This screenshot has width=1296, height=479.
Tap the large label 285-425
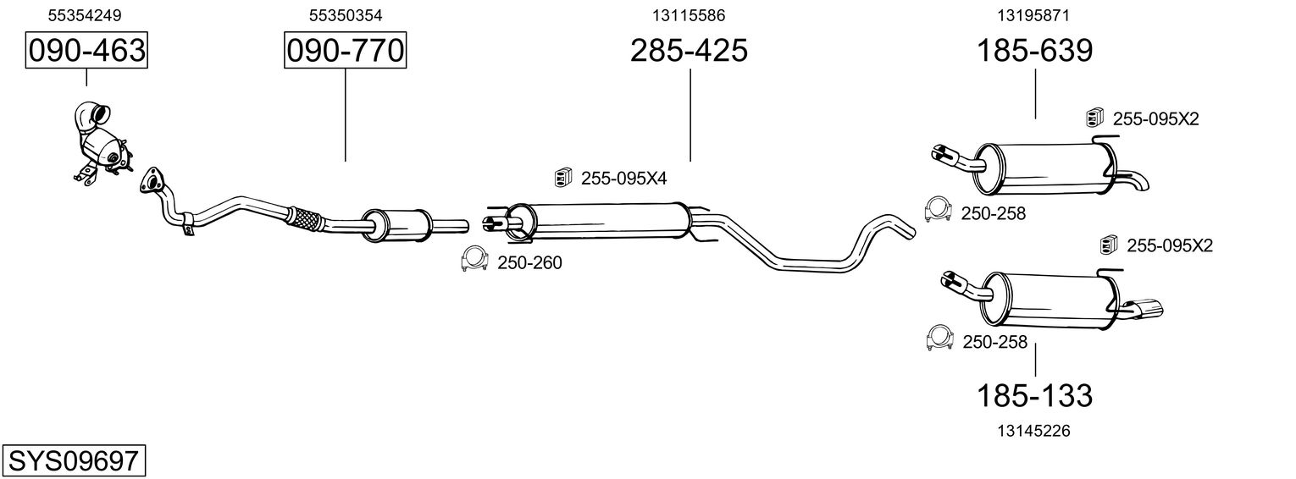tap(689, 51)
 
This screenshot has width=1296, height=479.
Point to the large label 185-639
tap(1035, 51)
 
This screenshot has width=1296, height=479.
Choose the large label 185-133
tap(1035, 394)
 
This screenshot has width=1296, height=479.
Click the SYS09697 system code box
tap(73, 461)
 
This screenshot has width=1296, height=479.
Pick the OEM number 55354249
tap(85, 14)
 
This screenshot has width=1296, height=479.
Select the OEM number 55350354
tap(345, 14)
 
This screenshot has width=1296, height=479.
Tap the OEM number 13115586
tap(689, 14)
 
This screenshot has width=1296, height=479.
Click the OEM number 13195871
tap(1035, 14)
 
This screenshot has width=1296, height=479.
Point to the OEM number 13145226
tap(1035, 431)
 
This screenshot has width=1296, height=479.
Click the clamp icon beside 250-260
tap(474, 261)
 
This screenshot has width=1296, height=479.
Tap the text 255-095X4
tap(623, 179)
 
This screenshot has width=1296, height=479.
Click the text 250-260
tap(529, 263)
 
